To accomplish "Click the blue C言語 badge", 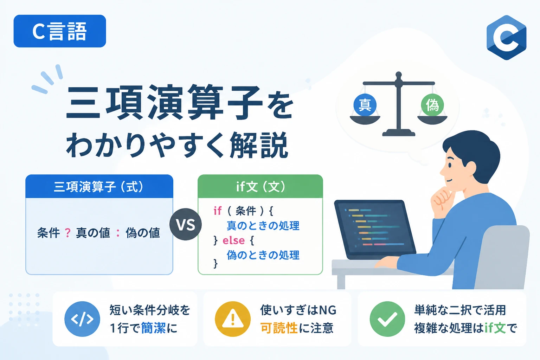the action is tap(60, 31).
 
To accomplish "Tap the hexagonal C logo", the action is tap(506, 37).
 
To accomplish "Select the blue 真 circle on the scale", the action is tap(365, 105).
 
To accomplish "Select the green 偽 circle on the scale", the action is tap(432, 105).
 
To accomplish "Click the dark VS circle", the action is tap(186, 224).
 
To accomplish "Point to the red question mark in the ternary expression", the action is tap(68, 233).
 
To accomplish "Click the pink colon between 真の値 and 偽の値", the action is tap(118, 233).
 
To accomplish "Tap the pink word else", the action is tap(233, 240).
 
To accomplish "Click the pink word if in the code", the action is tap(217, 211).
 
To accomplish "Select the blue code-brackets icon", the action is tap(82, 319).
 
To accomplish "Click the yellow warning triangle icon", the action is tap(233, 319).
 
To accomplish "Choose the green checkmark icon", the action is tap(387, 319).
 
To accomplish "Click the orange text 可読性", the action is tap(279, 328).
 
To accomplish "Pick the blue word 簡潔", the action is tap(153, 328).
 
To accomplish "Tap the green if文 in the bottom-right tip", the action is tap(495, 328).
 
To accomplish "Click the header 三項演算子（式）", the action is tap(99, 187).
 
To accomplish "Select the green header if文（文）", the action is tap(261, 187).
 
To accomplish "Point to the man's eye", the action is tap(450, 165).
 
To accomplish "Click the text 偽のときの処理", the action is tap(263, 255).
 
